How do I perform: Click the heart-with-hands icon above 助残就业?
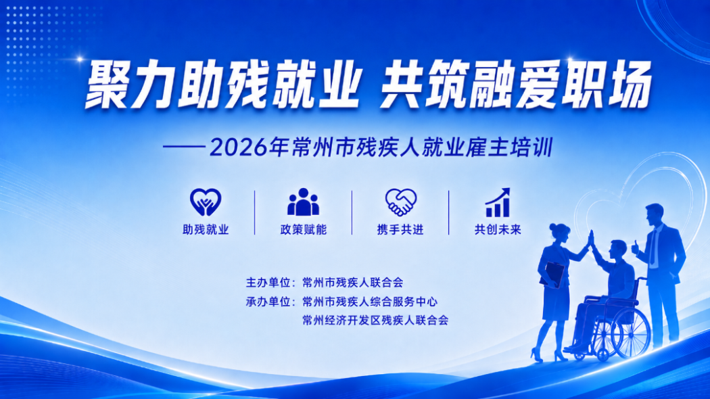(206, 202)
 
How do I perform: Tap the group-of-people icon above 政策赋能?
(303, 202)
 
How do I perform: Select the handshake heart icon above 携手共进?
(401, 202)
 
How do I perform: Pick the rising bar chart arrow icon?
(498, 202)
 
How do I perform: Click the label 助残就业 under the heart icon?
(206, 230)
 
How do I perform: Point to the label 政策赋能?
(304, 230)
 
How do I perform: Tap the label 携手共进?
(400, 230)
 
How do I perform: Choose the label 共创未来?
(498, 230)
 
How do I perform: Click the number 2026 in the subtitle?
(239, 147)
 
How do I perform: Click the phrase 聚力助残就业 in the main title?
(221, 85)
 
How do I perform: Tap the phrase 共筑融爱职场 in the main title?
(516, 85)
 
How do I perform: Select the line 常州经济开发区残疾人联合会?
(375, 321)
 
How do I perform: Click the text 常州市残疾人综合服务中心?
(370, 302)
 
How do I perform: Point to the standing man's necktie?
(653, 248)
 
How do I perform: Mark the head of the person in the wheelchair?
(618, 250)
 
